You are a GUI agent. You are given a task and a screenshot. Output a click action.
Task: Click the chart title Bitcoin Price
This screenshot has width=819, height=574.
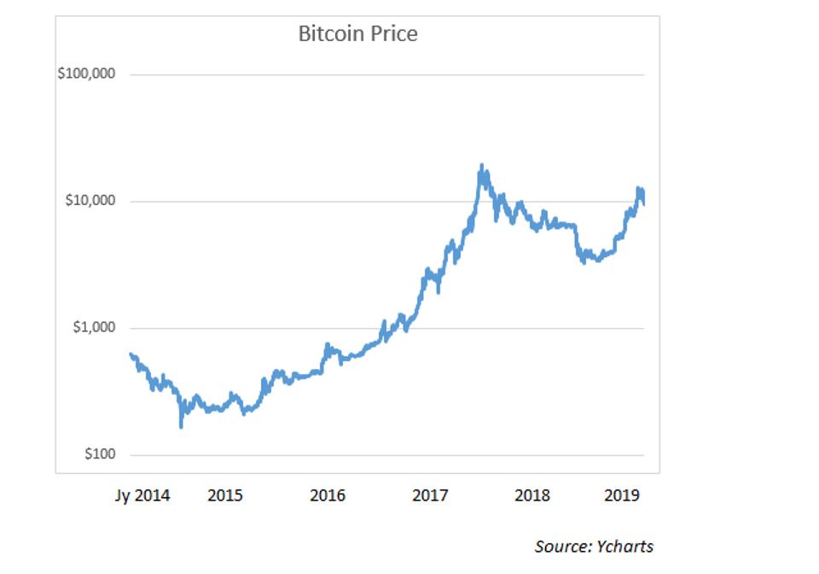click(x=357, y=34)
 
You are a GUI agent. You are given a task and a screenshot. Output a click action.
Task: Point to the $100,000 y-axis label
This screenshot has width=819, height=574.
click(x=86, y=74)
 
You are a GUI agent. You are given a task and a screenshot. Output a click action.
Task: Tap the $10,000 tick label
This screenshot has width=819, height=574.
click(x=90, y=202)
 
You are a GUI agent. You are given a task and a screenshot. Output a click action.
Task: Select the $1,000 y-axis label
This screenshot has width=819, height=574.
click(x=92, y=328)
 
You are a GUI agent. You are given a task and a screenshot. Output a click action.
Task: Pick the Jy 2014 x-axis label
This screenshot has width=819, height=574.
click(x=142, y=495)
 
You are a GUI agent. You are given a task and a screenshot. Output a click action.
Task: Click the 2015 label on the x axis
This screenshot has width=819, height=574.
click(x=225, y=495)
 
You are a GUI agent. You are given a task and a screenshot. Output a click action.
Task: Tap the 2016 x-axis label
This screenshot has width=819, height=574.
click(x=328, y=495)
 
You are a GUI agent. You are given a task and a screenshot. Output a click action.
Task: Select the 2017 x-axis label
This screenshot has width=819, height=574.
click(x=430, y=495)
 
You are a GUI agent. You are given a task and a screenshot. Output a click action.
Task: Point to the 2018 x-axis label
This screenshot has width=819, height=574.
click(x=532, y=495)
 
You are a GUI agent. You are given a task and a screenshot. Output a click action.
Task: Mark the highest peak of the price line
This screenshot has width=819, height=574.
click(x=482, y=165)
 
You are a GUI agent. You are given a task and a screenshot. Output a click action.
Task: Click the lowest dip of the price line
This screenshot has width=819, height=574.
click(x=181, y=426)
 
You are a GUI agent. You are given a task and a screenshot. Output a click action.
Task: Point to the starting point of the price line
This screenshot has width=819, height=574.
click(x=131, y=354)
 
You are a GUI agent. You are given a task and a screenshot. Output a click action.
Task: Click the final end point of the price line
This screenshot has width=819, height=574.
click(x=643, y=204)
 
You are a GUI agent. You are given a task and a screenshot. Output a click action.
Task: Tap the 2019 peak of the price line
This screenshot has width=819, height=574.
click(x=637, y=188)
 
